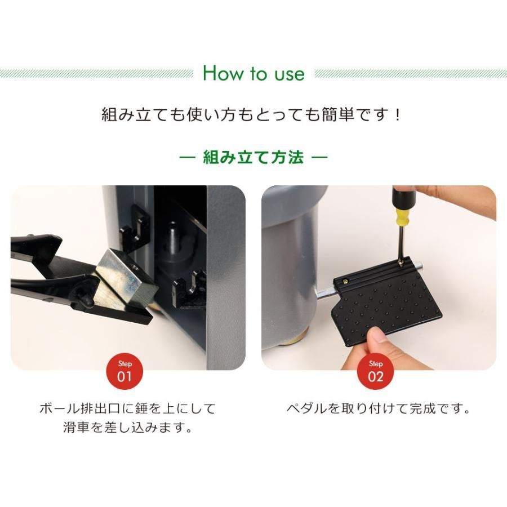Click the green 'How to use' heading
click(x=253, y=73)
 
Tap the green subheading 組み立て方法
click(x=253, y=158)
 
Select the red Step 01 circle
click(x=125, y=371)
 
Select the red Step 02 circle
click(x=375, y=371)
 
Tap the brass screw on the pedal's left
click(x=346, y=282)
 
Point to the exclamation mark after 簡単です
click(x=398, y=115)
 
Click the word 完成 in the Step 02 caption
click(x=423, y=409)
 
